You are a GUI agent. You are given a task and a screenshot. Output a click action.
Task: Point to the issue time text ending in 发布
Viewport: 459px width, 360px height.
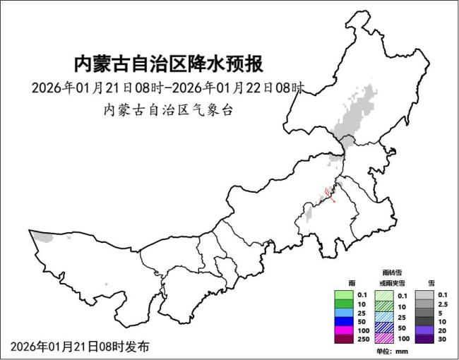point(80,347)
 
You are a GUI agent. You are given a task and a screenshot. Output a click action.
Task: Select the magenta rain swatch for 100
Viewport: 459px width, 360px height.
point(342,330)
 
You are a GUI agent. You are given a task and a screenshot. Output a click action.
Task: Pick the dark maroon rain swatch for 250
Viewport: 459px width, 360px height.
point(342,340)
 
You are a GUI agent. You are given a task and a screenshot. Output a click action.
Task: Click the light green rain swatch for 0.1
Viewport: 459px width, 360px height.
point(342,294)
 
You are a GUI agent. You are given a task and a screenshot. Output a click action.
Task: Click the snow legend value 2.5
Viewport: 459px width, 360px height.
point(442,304)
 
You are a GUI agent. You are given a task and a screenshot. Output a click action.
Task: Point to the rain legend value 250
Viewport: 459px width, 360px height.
point(363,340)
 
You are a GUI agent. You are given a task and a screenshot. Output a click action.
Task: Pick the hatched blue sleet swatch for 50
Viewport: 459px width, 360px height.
point(383,328)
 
